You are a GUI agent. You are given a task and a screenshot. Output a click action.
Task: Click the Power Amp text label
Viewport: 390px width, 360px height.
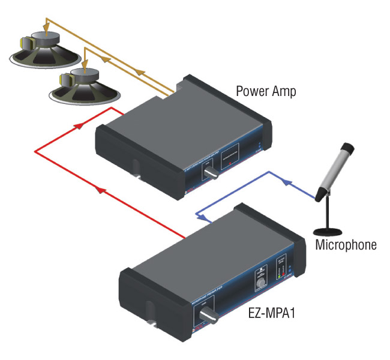tap(266, 91)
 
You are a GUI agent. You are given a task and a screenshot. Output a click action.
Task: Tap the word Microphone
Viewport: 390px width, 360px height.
tap(346, 244)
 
